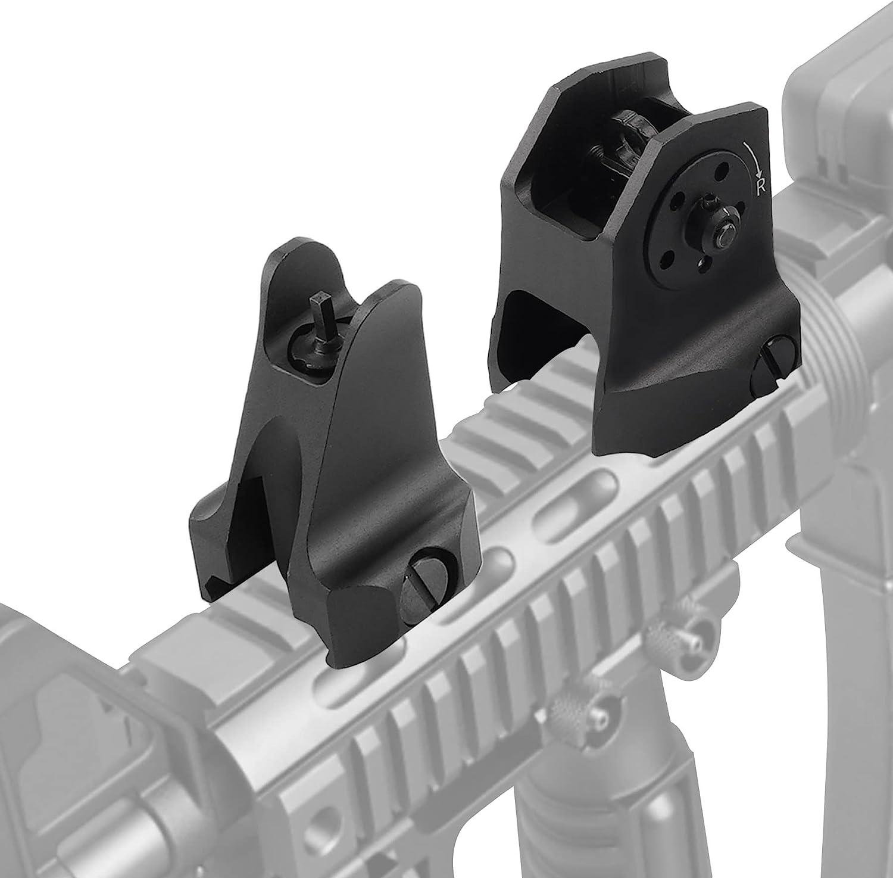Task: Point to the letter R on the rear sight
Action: coord(761,189)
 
